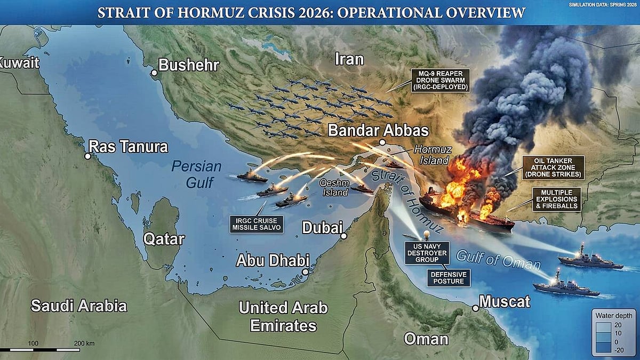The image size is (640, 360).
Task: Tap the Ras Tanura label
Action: pyautogui.click(x=128, y=147)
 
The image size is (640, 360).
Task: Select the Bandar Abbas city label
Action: pyautogui.click(x=378, y=131)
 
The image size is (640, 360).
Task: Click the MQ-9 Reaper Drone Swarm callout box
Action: pyautogui.click(x=441, y=80)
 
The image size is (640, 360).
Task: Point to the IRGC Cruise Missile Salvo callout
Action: pyautogui.click(x=257, y=224)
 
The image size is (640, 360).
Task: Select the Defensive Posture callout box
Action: pyautogui.click(x=449, y=277)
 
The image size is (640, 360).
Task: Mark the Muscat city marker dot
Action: pyautogui.click(x=476, y=308)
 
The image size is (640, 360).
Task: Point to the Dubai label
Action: pyautogui.click(x=322, y=228)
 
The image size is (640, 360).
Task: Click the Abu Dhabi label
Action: pyautogui.click(x=272, y=261)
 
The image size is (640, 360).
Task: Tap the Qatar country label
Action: pyautogui.click(x=164, y=238)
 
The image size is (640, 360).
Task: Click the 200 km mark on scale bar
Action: pyautogui.click(x=84, y=343)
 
